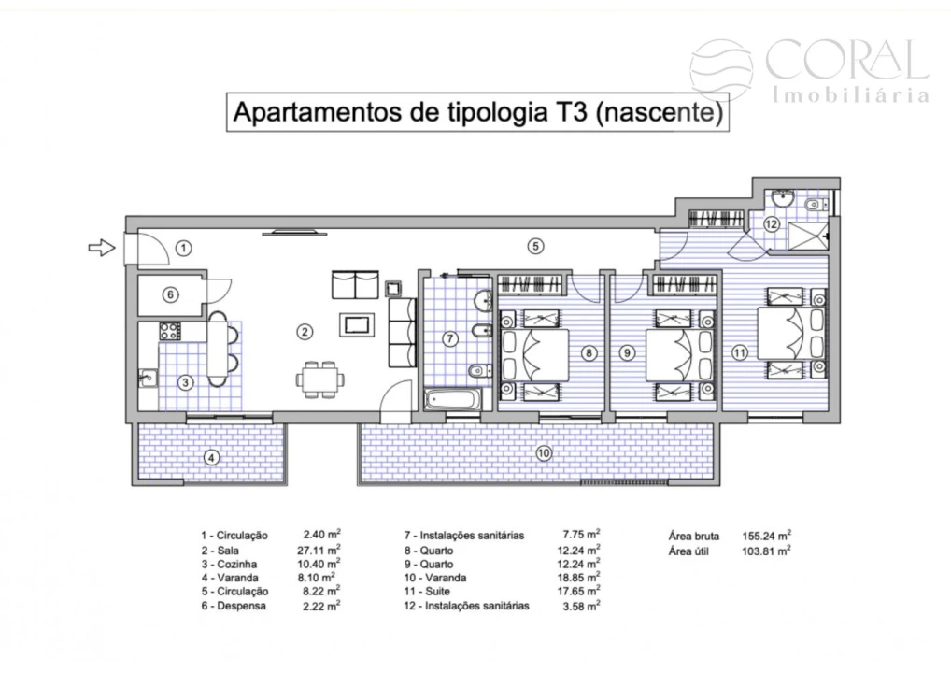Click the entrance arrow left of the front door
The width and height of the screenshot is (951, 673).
[x=99, y=248]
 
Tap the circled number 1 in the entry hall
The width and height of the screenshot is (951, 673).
[x=184, y=248]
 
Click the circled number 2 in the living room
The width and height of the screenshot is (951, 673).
[x=304, y=330]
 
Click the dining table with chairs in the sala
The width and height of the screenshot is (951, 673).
[x=319, y=379]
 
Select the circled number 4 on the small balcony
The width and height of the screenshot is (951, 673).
[x=212, y=457]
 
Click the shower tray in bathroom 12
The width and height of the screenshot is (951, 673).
[x=807, y=235]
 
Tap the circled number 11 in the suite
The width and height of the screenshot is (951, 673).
[x=740, y=352]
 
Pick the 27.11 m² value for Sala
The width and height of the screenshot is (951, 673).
[x=319, y=551]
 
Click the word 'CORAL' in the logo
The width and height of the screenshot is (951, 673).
[x=846, y=61]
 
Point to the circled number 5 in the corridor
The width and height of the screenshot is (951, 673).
[x=534, y=247]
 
